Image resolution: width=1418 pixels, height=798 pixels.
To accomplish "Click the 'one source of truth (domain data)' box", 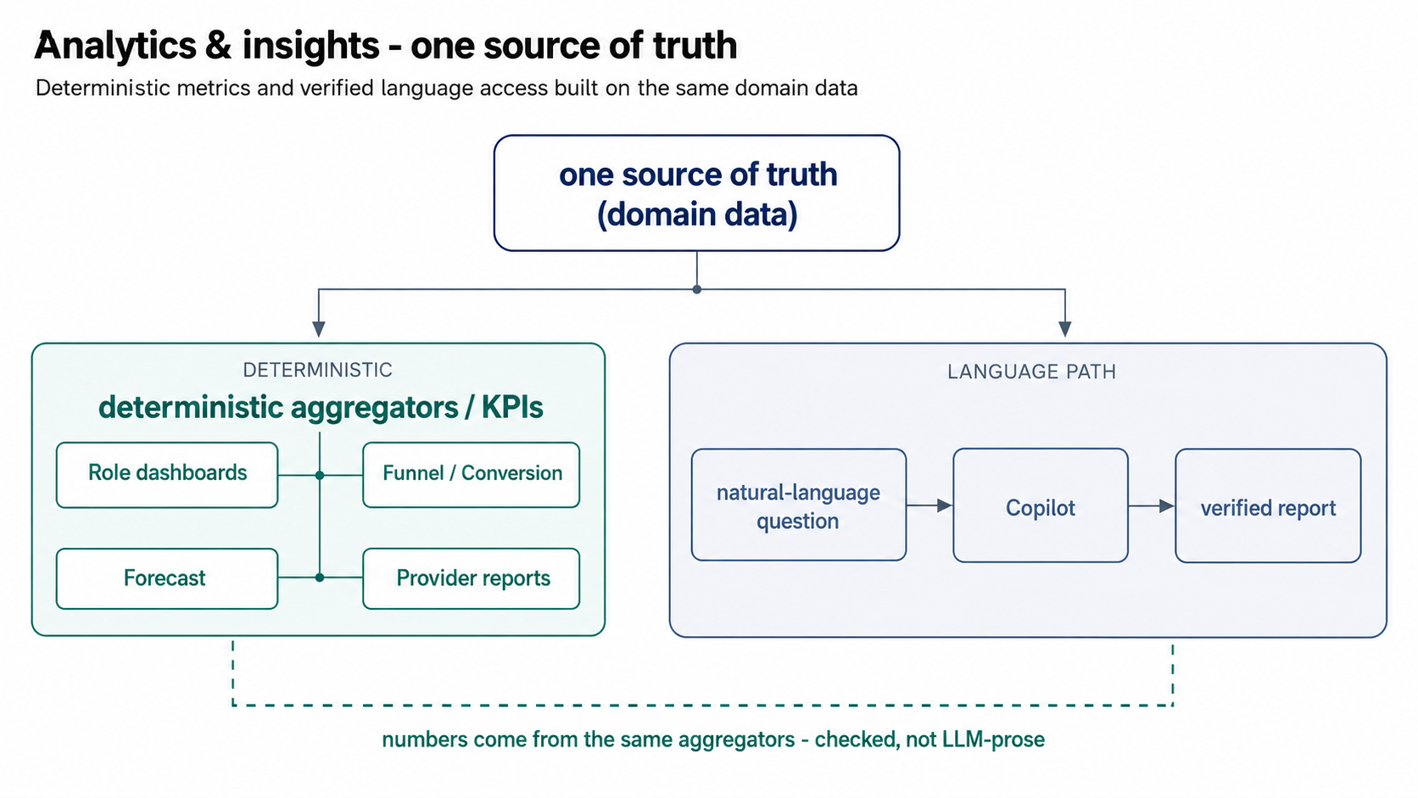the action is (696, 193).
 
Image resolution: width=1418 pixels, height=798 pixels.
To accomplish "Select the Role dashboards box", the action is (167, 475).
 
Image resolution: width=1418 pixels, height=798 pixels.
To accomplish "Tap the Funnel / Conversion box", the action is (471, 475).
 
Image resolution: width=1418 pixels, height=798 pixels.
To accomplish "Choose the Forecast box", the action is (167, 578).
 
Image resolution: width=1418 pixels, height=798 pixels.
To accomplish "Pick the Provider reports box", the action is (471, 578).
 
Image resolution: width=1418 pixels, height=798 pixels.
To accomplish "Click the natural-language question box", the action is (799, 505).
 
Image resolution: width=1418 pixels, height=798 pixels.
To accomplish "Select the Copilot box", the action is (1041, 505).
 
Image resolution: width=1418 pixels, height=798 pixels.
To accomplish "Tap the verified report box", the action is (1268, 505).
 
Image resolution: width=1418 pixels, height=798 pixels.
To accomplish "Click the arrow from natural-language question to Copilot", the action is (930, 505).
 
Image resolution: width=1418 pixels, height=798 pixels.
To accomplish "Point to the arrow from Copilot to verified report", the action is (1152, 505).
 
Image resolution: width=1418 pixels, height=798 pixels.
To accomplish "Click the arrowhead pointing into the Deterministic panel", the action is (318, 329).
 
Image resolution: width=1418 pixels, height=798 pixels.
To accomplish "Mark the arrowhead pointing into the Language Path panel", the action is (1064, 329).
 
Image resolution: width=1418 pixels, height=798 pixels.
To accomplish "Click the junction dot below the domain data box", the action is (696, 289).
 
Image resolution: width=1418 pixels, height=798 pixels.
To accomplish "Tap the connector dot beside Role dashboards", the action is (320, 475).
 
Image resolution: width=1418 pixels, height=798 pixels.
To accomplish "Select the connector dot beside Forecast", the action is (320, 578).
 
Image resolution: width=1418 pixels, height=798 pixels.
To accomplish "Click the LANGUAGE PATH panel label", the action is (1032, 371).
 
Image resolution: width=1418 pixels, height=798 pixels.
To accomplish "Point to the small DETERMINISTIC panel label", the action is (318, 371).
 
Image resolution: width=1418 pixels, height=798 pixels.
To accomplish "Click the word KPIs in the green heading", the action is (512, 407).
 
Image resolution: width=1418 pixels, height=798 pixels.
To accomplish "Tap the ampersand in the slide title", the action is (219, 46).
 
